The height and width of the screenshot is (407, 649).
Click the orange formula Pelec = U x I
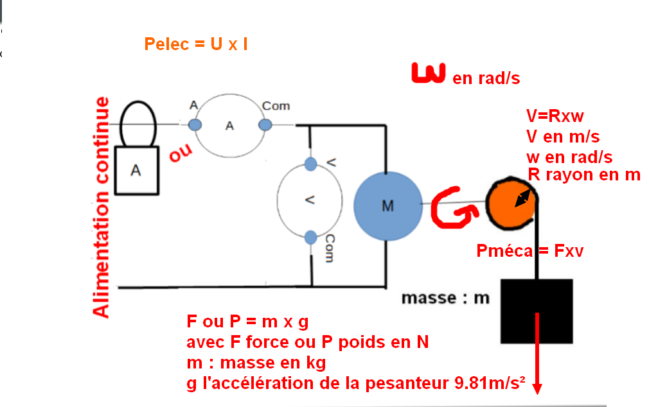click(x=196, y=44)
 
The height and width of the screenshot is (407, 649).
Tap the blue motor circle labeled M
click(x=387, y=205)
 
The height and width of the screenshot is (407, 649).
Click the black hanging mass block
click(x=536, y=311)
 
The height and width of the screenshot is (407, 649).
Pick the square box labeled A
click(x=136, y=169)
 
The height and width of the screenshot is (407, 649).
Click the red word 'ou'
click(x=181, y=154)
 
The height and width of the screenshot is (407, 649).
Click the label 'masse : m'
click(x=445, y=298)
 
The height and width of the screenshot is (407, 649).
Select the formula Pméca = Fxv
click(x=530, y=251)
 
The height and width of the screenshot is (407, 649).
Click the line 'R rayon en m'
click(x=583, y=175)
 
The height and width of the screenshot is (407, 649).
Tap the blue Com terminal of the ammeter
click(x=264, y=125)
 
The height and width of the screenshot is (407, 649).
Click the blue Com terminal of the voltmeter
click(x=311, y=238)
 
